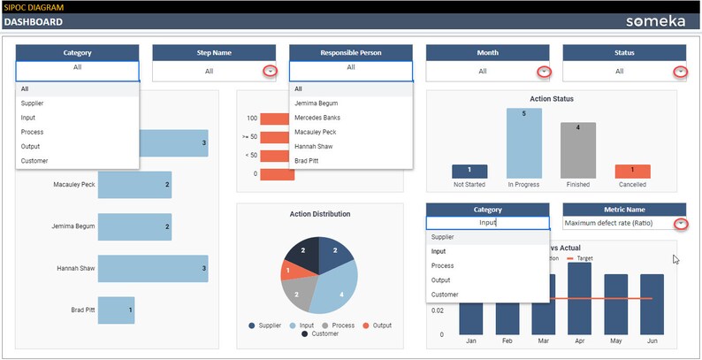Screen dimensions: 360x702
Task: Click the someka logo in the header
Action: [655, 21]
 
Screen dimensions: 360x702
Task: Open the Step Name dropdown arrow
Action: [271, 71]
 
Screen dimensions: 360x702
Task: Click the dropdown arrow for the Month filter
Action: [544, 71]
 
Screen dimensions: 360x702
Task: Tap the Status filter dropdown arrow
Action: [680, 71]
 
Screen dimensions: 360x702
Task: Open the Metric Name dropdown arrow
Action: [680, 224]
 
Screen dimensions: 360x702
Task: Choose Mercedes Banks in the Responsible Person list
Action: [318, 118]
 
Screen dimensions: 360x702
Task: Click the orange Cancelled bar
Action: [632, 172]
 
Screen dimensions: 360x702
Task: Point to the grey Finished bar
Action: [578, 150]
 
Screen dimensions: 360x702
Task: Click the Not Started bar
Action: [469, 172]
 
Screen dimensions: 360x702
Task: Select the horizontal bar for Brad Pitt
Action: [116, 310]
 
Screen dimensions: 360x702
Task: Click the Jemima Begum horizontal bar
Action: [134, 226]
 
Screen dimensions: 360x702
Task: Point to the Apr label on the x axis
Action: [579, 340]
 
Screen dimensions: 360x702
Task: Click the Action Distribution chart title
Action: [319, 214]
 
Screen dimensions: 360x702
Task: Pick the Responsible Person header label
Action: [351, 53]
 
